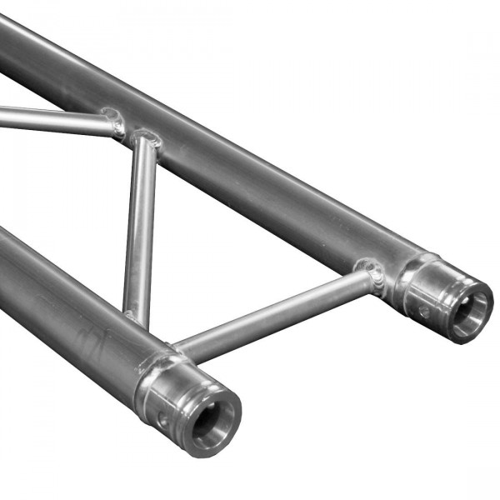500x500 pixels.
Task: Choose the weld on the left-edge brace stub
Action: pos(112,122)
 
